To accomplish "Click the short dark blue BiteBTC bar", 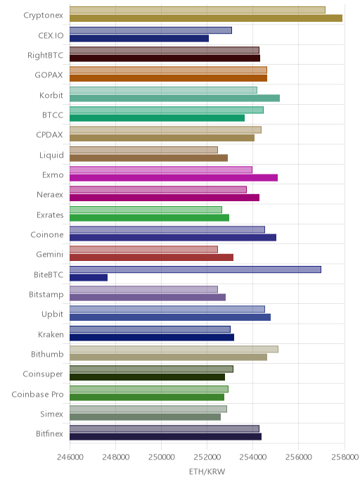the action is (89, 277).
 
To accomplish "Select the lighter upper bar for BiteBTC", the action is (195, 269).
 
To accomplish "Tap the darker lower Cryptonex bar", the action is (206, 18).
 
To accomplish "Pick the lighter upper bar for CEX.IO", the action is (150, 30).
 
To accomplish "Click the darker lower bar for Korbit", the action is (174, 98).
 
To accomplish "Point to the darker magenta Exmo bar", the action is (174, 178).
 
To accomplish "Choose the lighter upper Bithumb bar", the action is (174, 349).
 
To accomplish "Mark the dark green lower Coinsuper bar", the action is (147, 377).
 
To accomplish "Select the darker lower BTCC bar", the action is (157, 118).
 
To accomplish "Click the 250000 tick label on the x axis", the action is (161, 457).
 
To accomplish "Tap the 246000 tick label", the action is (70, 457).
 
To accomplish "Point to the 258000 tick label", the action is (345, 457).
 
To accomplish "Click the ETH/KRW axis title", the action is (207, 471).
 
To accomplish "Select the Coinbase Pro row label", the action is (37, 394).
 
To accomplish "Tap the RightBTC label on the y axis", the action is (45, 56).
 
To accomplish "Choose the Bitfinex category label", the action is (49, 433).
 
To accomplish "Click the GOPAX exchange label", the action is (49, 75).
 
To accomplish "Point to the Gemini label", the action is (50, 255).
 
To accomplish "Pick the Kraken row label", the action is (51, 334).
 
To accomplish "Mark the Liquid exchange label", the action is (51, 155).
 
